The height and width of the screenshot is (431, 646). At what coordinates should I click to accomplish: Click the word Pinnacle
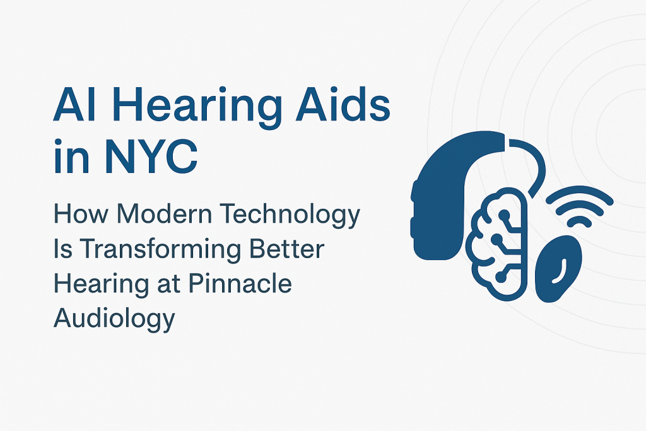point(240,284)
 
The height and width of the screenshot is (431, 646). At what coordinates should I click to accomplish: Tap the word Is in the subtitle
point(62,249)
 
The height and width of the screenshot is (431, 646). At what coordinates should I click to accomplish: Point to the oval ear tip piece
point(558,268)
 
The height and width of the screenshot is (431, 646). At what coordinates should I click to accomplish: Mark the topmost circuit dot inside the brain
point(503,213)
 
